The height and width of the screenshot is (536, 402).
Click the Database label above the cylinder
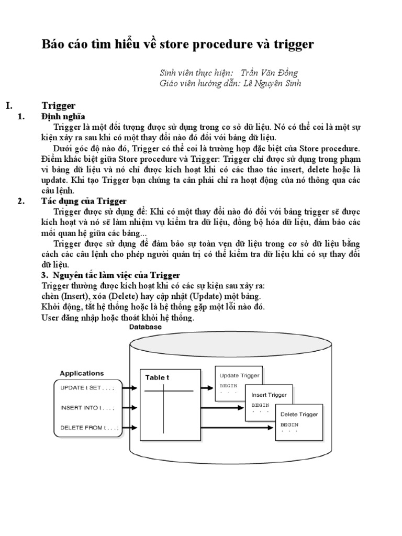[145, 327]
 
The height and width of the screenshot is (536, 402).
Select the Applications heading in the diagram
[82, 374]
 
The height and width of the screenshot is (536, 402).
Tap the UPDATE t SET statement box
[88, 388]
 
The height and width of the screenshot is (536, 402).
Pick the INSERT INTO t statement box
[88, 408]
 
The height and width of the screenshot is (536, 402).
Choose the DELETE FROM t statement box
[88, 428]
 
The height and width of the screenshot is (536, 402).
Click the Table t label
[158, 377]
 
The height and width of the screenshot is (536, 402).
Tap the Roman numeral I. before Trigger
[9, 105]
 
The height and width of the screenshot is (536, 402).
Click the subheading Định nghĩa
[63, 116]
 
